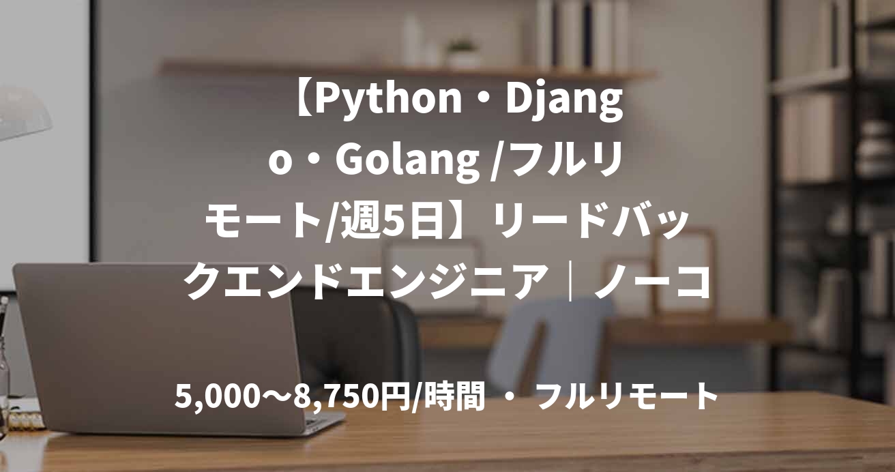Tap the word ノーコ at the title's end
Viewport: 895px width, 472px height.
652,282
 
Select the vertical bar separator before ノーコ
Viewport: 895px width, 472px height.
572,282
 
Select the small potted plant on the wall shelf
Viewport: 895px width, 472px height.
463,53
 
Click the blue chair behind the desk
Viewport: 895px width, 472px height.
546,341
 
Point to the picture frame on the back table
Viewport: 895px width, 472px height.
689,266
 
